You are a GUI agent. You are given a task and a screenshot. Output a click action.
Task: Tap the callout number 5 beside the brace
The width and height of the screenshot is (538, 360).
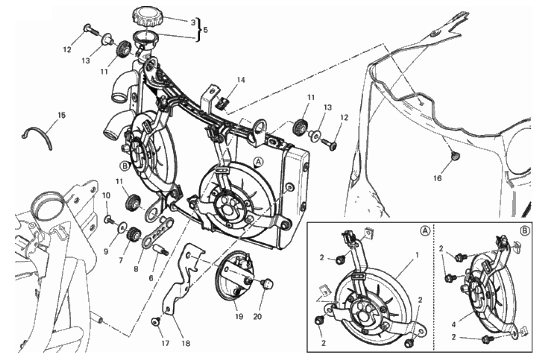(x=205, y=30)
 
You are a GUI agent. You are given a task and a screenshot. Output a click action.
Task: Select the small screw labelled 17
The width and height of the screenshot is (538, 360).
(x=156, y=322)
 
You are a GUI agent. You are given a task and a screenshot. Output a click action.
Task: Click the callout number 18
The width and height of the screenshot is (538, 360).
(x=186, y=343)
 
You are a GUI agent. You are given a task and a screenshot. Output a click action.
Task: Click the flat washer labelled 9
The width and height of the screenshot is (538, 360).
(x=123, y=227)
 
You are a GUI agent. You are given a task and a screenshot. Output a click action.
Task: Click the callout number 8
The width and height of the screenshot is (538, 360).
(x=136, y=269)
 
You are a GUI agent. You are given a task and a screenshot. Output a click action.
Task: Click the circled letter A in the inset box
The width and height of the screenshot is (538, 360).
(x=425, y=231)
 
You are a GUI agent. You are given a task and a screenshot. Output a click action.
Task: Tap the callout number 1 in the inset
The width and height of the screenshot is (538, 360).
(x=417, y=255)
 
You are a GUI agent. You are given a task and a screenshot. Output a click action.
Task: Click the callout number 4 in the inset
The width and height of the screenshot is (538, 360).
(x=453, y=325)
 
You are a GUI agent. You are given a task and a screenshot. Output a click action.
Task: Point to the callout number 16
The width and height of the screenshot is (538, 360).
(x=438, y=178)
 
